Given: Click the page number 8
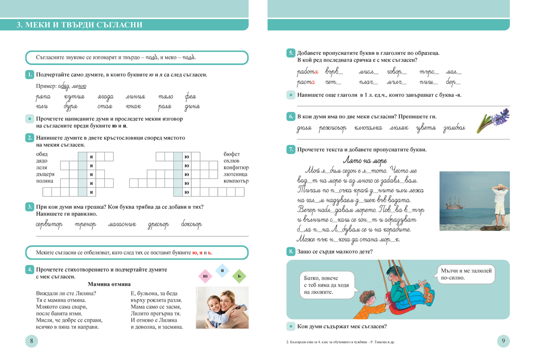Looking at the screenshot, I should point(31,341).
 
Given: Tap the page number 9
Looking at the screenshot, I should point(503,341).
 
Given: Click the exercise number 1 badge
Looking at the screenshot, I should point(29,74).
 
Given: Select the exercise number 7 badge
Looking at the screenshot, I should point(291,149).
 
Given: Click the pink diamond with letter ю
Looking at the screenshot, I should point(205,276).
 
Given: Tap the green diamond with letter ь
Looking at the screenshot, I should point(239,276).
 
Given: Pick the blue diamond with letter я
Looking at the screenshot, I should point(222,270).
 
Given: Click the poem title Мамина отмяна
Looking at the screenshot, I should point(109,284).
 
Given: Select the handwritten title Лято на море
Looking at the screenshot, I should point(365,161).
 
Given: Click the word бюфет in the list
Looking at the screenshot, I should point(231,154).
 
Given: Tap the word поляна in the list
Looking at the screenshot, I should point(45,181).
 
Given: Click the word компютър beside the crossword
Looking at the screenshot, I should point(236,181).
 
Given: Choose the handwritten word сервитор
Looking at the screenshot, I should point(49,224).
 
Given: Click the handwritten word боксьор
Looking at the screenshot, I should point(192,224).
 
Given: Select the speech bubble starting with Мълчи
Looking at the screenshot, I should point(466,274).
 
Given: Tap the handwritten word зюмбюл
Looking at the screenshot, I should point(454,128).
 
